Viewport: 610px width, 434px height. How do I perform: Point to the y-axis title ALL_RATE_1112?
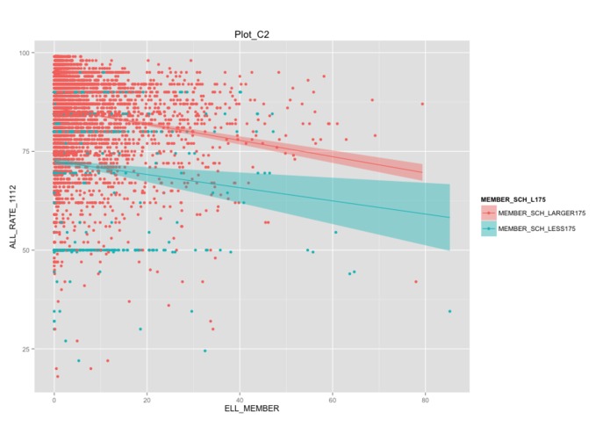[13, 220]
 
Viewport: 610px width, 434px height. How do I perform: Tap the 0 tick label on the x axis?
[54, 400]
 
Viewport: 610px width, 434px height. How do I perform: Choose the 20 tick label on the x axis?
[147, 400]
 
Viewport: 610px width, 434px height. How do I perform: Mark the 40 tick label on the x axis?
[240, 400]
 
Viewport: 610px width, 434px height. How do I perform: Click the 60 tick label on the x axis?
[333, 400]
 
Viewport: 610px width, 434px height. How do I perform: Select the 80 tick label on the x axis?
[425, 400]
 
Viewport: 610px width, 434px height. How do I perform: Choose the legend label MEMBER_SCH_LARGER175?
[541, 213]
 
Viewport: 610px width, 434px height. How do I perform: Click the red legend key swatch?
[487, 213]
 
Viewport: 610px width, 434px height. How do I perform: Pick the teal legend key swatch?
[487, 228]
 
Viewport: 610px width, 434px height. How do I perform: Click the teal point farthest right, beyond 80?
[449, 311]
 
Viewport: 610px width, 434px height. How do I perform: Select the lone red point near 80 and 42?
[416, 282]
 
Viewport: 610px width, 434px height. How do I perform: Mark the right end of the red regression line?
[422, 172]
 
